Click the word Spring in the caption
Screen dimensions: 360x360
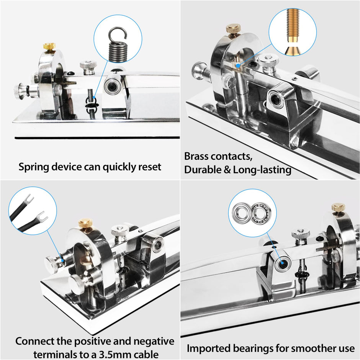click(x=34, y=167)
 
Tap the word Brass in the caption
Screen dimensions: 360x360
click(x=196, y=156)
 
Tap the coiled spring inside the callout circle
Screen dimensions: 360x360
click(x=118, y=45)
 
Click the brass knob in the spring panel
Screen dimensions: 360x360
click(x=49, y=47)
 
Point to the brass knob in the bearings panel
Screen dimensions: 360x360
click(x=338, y=208)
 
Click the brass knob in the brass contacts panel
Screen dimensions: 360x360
click(x=234, y=29)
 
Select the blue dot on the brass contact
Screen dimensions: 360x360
click(x=238, y=65)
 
